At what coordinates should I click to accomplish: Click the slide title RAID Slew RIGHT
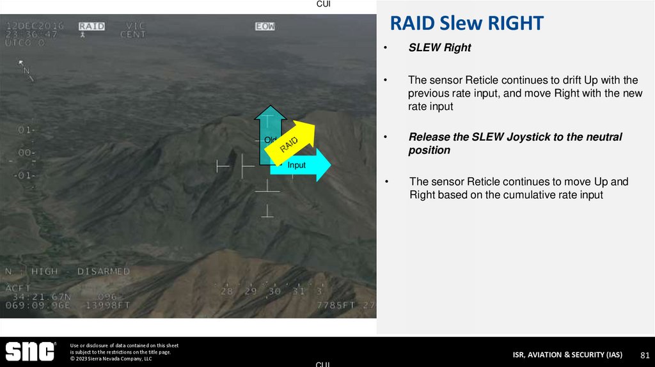[x=467, y=24]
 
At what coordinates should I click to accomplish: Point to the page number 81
[x=645, y=355]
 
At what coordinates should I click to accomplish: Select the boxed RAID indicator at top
[x=91, y=26]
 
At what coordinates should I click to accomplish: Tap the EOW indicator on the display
[x=265, y=26]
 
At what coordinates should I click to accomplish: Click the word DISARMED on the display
[x=104, y=271]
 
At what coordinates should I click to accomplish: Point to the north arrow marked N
[x=26, y=69]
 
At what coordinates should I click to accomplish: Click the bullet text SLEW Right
[x=440, y=48]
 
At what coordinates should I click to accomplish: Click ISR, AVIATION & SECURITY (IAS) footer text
[x=567, y=355]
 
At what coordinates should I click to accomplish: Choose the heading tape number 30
[x=274, y=292]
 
